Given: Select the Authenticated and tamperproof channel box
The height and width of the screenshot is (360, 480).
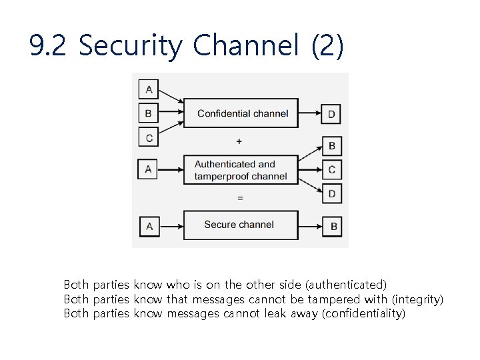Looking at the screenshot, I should point(241,170).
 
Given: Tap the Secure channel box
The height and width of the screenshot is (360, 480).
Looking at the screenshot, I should point(241,225).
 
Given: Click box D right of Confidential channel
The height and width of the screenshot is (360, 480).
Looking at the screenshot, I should point(331,115).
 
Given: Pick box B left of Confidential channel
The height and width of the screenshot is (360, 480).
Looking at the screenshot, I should point(149,113).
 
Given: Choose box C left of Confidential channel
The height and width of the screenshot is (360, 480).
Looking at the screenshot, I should point(149,138).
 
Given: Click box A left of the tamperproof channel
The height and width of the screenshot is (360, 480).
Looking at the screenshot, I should point(149,169).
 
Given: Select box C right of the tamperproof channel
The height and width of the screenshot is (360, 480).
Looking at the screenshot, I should point(332,170).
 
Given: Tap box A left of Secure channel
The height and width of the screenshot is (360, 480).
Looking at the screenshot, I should point(149,226).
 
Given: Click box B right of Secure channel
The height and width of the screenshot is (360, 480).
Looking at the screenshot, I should point(333,226).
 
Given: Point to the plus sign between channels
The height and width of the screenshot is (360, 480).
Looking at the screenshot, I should point(239,141).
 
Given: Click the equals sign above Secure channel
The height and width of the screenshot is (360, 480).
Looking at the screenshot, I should point(240,198).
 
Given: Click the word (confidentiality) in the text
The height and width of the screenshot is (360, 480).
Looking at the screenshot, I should point(363,313).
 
